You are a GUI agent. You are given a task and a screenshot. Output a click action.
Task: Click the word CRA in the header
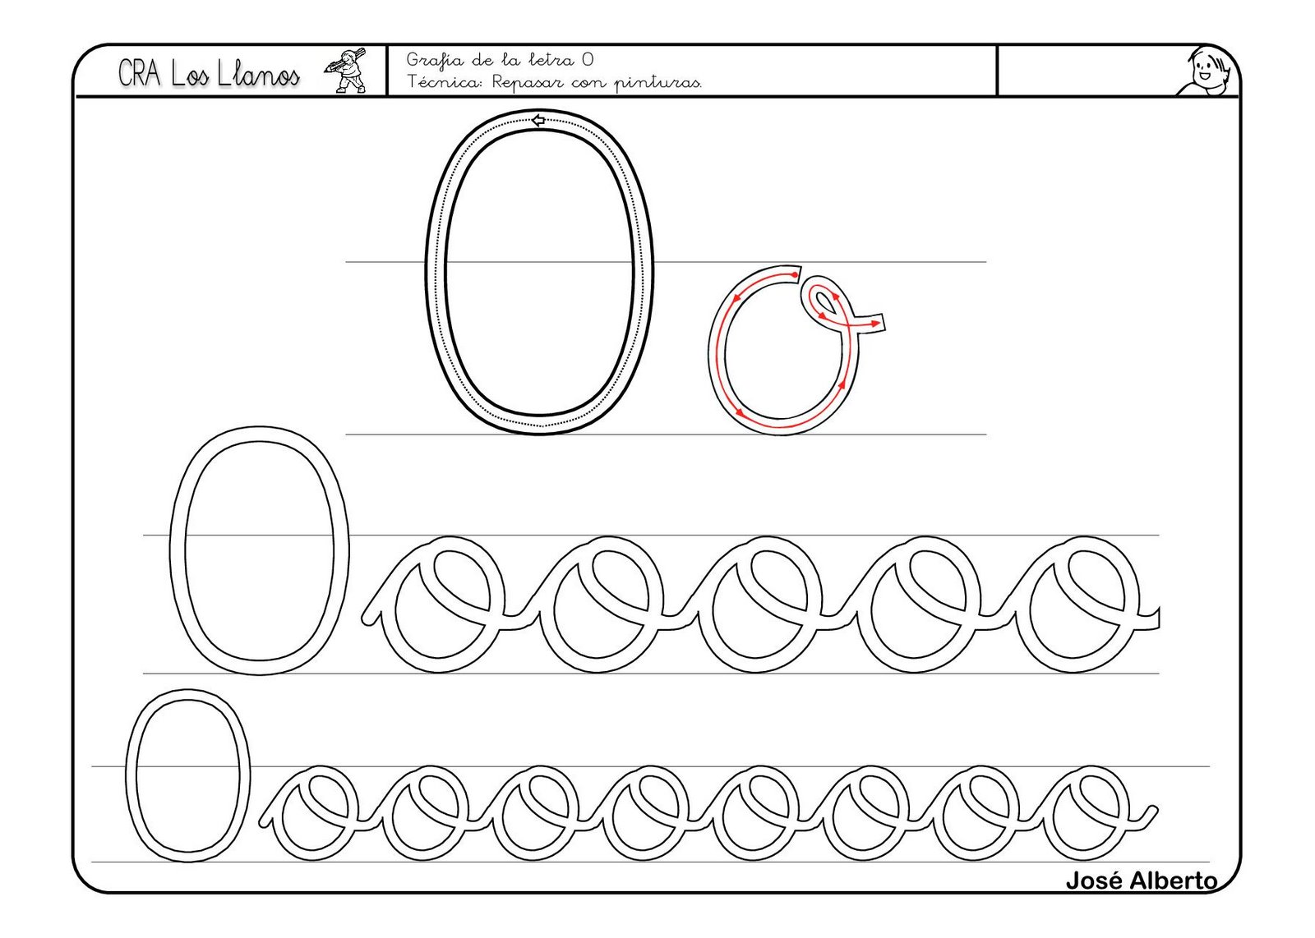point(139,74)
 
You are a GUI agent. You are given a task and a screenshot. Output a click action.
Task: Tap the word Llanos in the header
point(258,75)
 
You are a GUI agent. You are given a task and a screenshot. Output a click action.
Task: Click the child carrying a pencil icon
point(346,71)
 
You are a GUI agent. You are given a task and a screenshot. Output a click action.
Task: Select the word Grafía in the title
point(430,61)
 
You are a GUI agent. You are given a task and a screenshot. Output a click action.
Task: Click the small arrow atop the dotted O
point(538,121)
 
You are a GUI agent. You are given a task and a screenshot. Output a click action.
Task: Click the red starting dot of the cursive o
point(794,274)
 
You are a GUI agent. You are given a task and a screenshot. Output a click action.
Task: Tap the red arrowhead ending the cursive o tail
point(876,324)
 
